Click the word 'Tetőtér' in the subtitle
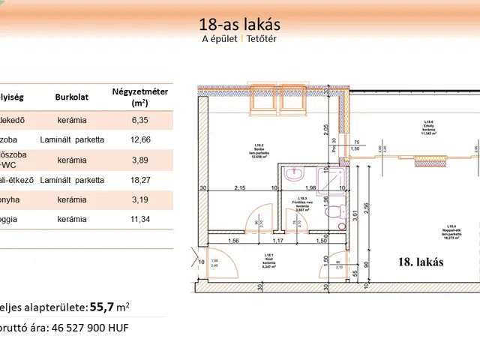point(262,40)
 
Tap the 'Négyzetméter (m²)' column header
point(139,97)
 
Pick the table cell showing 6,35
point(139,118)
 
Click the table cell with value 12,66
point(139,139)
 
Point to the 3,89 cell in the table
point(139,160)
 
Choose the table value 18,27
point(139,180)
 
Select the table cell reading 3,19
point(139,200)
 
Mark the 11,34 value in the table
point(139,220)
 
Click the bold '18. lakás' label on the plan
point(420,262)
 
